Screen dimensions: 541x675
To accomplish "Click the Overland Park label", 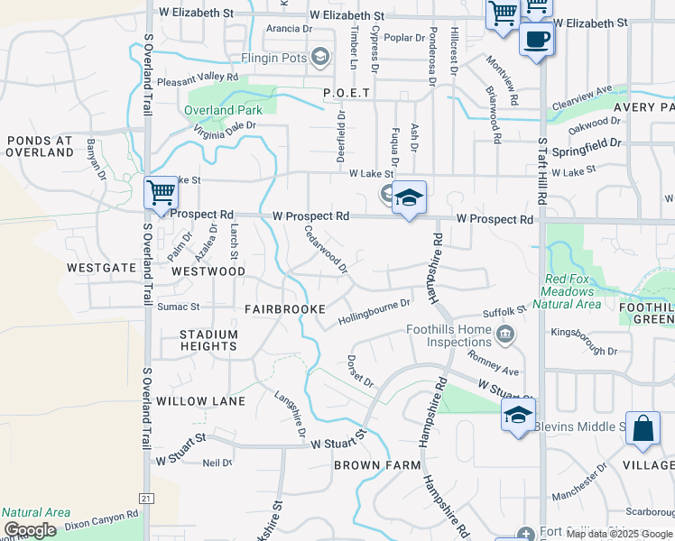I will click(223, 110).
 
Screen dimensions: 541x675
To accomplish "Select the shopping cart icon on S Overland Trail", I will click(161, 192).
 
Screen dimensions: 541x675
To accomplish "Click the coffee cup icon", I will click(537, 39).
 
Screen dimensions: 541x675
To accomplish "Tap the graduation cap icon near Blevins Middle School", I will click(518, 415).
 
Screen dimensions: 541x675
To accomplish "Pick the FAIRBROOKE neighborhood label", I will click(284, 308).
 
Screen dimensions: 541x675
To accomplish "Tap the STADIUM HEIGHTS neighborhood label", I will click(208, 340).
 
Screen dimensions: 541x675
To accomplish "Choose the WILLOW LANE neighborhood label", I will click(200, 400).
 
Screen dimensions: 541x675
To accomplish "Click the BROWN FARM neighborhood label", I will click(377, 465).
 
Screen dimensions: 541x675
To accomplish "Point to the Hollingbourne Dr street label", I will click(374, 312).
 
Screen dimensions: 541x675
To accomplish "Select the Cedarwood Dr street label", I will click(326, 249).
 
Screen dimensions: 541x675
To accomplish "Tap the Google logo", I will click(30, 530).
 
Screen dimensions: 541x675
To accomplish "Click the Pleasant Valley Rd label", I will click(196, 78).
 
